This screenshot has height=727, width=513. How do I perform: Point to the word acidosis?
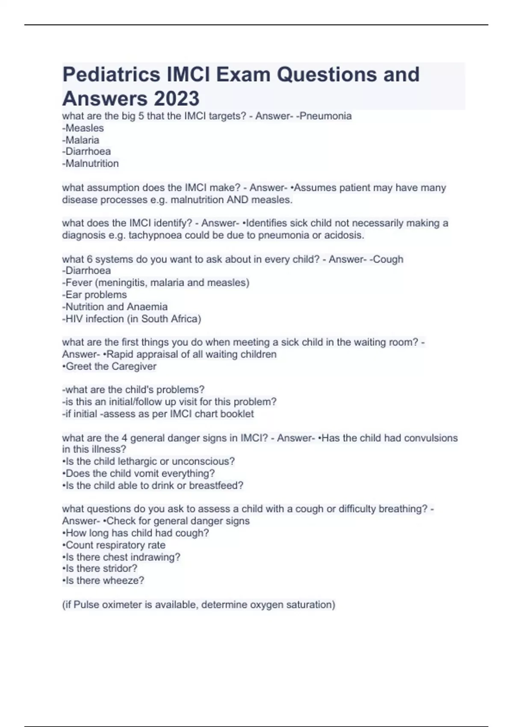pos(344,235)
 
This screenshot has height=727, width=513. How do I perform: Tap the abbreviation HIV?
pos(74,319)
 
